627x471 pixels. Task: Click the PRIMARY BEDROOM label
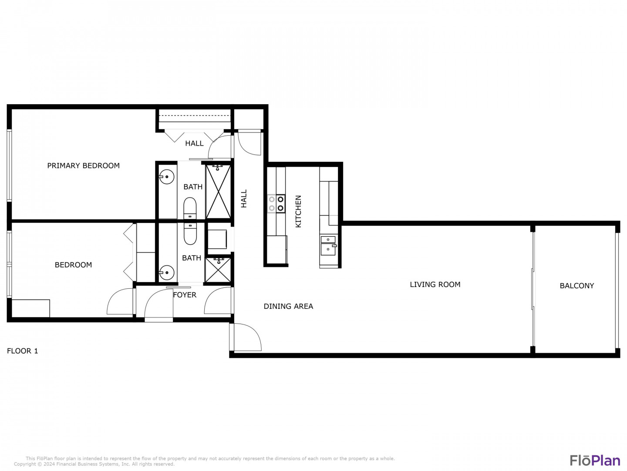tap(83, 166)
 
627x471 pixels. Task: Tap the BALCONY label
tap(576, 286)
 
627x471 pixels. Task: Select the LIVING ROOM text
tap(435, 284)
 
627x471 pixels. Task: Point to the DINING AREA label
tap(288, 306)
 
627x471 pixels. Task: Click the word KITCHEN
tap(298, 212)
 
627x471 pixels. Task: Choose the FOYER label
tap(185, 295)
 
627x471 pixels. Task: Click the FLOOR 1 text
tap(22, 351)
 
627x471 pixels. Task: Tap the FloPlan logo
tap(595, 461)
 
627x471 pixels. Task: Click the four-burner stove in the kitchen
tap(276, 203)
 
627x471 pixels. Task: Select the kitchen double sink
tap(328, 246)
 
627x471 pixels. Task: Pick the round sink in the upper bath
tap(166, 177)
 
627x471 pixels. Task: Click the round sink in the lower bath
tap(166, 273)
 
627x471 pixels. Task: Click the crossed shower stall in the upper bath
tap(218, 191)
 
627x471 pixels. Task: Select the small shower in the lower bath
tap(218, 270)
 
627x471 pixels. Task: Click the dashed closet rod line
tap(194, 116)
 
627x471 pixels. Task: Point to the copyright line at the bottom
tap(94, 464)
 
